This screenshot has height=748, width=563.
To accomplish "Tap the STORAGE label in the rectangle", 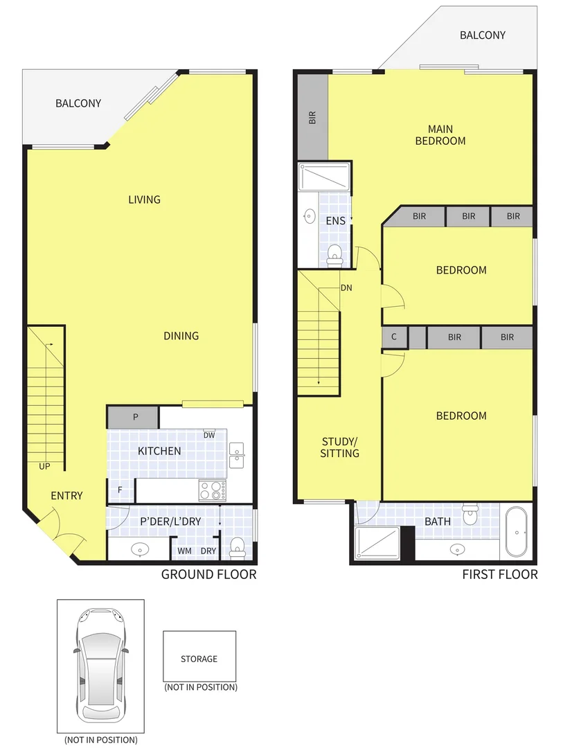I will pos(199,659).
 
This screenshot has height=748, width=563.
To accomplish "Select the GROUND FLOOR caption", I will pos(208,574).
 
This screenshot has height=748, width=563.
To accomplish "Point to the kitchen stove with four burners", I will pos(213,490).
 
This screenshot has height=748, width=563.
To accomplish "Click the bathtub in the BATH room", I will pos(517,533).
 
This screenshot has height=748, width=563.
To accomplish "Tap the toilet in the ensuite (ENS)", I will pos(334,254).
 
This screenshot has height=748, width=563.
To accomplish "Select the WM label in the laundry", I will pos(184,551).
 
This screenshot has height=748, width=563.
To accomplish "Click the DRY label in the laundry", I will pos(208,551).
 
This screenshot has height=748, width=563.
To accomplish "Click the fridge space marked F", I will pos(120,490).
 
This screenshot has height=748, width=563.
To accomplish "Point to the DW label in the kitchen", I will pos(208,436).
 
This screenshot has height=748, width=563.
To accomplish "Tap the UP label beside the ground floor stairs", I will pos(44,466).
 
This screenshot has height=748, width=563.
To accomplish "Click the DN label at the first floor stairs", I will pos(346,288).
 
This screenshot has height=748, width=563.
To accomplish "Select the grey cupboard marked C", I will pos(394,337).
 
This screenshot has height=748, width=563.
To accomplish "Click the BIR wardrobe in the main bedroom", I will pos(312,117).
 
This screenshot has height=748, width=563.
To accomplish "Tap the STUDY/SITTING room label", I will pos(340,447).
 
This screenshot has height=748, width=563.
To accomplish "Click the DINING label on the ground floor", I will pos(181,336).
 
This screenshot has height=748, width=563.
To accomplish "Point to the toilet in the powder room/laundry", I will pos(238,547).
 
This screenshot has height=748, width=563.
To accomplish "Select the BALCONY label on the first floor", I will pos(483,35).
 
